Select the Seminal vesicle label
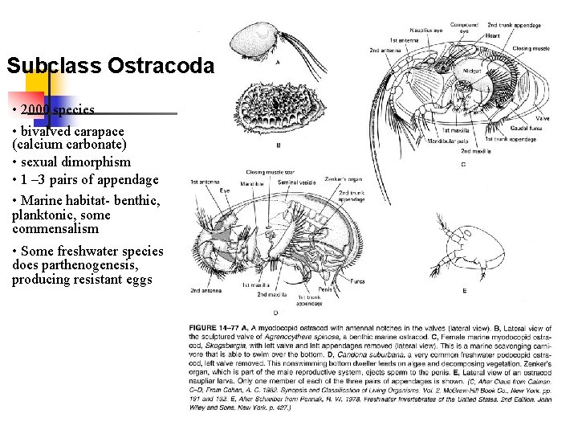(295, 182)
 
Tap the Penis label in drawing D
(325, 289)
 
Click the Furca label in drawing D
(357, 281)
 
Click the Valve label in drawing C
(543, 119)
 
